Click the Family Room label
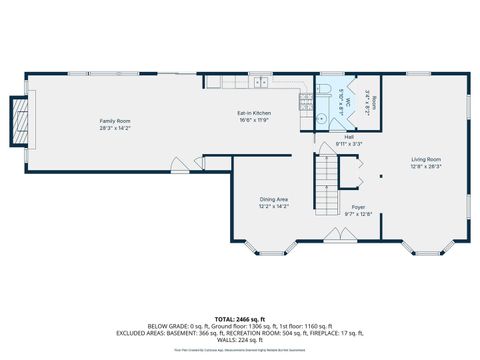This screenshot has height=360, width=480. coord(114,121)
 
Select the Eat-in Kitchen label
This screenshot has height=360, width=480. coord(254,113)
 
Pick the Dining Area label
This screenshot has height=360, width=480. coord(274,199)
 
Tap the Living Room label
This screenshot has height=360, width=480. coord(425,158)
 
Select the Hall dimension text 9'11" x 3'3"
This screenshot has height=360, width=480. coord(349,144)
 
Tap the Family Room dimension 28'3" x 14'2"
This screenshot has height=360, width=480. coord(114,128)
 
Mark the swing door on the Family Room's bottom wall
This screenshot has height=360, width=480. coord(179,162)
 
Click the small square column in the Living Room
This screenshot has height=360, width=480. coord(381,177)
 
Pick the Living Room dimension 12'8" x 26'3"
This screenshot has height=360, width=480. coord(425,165)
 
